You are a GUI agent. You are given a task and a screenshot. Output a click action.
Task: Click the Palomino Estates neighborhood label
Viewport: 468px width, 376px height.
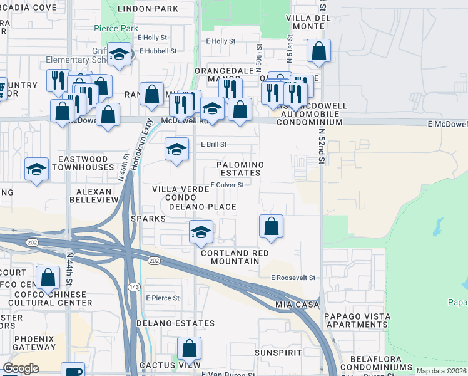pyautogui.click(x=240, y=169)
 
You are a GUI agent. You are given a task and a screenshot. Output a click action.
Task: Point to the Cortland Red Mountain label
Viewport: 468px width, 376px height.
pyautogui.click(x=235, y=257)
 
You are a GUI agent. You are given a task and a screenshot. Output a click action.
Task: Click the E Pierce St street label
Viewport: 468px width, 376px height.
pyautogui.click(x=163, y=298)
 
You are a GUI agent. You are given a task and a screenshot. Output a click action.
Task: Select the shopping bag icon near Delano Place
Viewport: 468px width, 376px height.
pyautogui.click(x=271, y=227)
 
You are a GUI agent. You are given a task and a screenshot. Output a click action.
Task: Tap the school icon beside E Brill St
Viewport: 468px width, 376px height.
pyautogui.click(x=177, y=150)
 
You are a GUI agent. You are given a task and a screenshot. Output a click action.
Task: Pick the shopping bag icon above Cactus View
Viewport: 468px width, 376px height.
pyautogui.click(x=189, y=349)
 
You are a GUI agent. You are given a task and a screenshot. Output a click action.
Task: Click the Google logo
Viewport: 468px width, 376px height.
pyautogui.click(x=21, y=368)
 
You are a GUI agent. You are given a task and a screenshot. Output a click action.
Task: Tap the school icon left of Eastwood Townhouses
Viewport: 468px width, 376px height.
pyautogui.click(x=37, y=169)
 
